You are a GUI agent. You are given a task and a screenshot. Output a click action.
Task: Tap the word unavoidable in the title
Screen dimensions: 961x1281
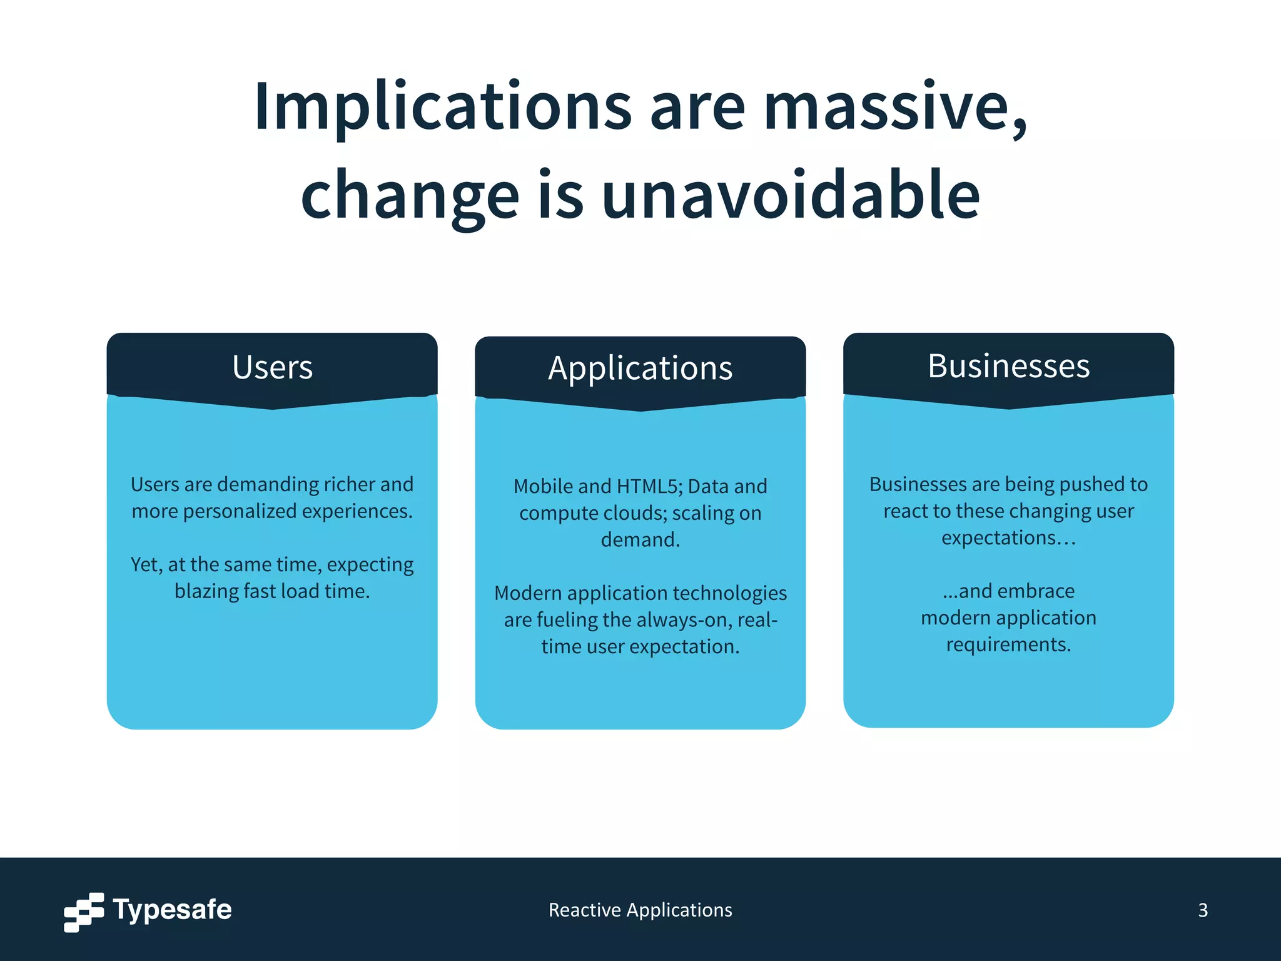pyautogui.click(x=791, y=196)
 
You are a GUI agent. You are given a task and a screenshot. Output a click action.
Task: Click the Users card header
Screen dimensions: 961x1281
pyautogui.click(x=272, y=367)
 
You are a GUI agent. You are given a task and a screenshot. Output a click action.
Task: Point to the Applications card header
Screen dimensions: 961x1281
pyautogui.click(x=640, y=369)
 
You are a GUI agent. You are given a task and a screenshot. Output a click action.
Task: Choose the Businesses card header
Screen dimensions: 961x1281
pyautogui.click(x=1008, y=366)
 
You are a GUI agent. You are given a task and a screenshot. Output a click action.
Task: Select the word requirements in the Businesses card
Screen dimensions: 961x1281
pyautogui.click(x=1008, y=644)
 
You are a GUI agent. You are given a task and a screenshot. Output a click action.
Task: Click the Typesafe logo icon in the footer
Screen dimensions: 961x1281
pyautogui.click(x=84, y=912)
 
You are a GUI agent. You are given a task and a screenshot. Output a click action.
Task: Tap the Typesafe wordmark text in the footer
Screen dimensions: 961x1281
pyautogui.click(x=172, y=910)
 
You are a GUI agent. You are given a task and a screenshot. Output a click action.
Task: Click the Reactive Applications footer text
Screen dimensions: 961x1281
pyautogui.click(x=640, y=910)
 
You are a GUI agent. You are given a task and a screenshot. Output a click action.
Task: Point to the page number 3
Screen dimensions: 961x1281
pyautogui.click(x=1202, y=910)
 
